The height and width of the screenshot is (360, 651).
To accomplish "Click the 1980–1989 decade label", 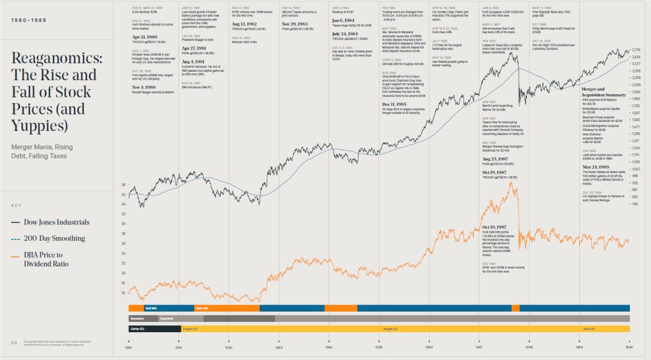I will [28, 19].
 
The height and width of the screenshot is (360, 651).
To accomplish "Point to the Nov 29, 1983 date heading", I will [296, 24].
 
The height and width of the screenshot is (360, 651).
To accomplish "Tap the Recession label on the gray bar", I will [137, 318].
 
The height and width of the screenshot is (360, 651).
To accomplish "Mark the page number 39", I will [13, 343].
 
